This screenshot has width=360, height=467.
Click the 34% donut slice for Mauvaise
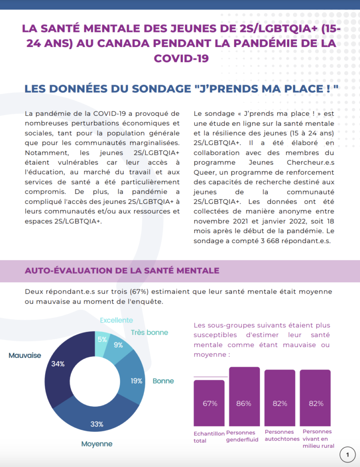(58, 369)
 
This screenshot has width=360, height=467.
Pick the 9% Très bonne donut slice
(119, 346)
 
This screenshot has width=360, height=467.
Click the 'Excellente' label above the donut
(116, 320)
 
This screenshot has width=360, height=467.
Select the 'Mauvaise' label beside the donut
(25, 355)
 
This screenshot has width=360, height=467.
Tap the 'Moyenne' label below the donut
(97, 444)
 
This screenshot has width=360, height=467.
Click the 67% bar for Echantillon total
(209, 403)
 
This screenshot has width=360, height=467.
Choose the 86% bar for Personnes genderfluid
(245, 396)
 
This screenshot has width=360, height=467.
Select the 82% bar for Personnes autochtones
(280, 398)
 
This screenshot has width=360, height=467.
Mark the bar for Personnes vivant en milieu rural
(315, 398)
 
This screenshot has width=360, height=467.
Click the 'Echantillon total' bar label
(209, 437)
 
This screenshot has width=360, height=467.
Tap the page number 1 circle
(348, 455)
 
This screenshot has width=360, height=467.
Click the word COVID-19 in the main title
(181, 58)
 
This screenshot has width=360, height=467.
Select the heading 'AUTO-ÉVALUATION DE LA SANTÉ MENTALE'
(122, 270)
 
